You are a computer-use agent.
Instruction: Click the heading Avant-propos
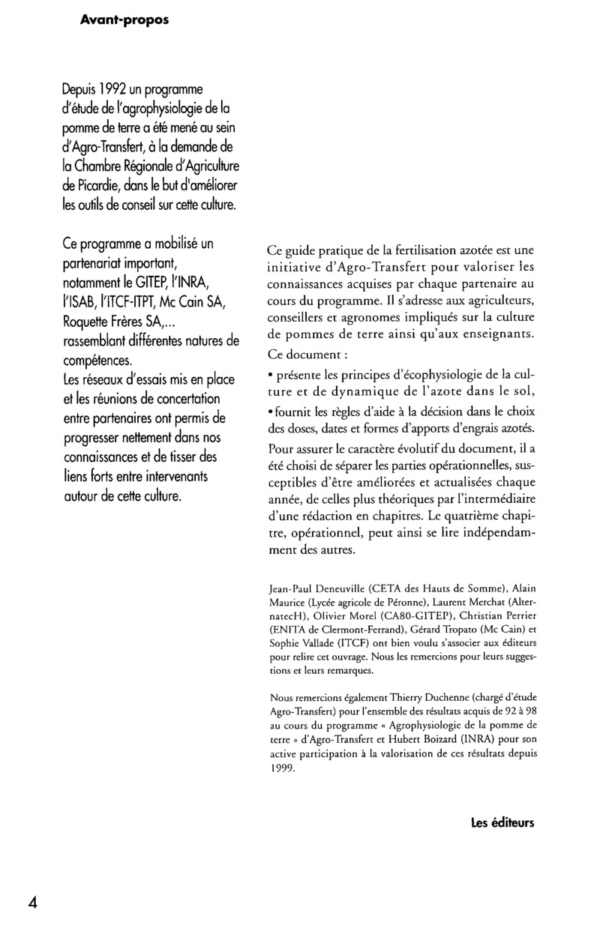[124, 21]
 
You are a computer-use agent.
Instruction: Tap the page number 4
[33, 902]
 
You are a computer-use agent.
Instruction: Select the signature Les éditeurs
[502, 823]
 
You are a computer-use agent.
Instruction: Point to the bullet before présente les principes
[269, 370]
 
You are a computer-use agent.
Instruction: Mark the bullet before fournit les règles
[269, 409]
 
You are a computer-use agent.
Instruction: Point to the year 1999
[281, 767]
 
